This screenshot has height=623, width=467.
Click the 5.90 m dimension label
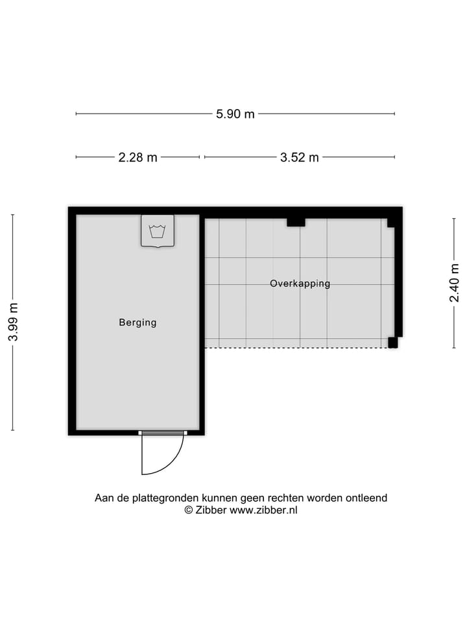tap(235, 114)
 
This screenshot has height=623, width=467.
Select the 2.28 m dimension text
tap(138, 157)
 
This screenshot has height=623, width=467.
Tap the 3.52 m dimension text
tap(299, 157)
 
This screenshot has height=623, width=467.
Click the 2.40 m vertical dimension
tap(454, 283)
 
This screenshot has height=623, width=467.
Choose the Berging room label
tap(138, 323)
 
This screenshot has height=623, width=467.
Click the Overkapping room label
tap(300, 284)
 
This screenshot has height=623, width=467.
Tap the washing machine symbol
tap(158, 231)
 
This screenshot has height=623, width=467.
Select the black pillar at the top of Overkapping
tap(296, 223)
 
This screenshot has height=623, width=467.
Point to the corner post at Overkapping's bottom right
tap(392, 343)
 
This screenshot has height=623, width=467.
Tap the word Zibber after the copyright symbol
tap(211, 510)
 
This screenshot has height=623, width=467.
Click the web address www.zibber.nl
tap(264, 510)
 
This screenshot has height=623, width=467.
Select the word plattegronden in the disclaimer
tap(166, 498)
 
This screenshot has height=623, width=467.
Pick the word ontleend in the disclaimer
tap(368, 498)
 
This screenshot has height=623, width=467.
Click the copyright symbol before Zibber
tap(189, 510)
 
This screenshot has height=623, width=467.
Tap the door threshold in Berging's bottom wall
tap(163, 432)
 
